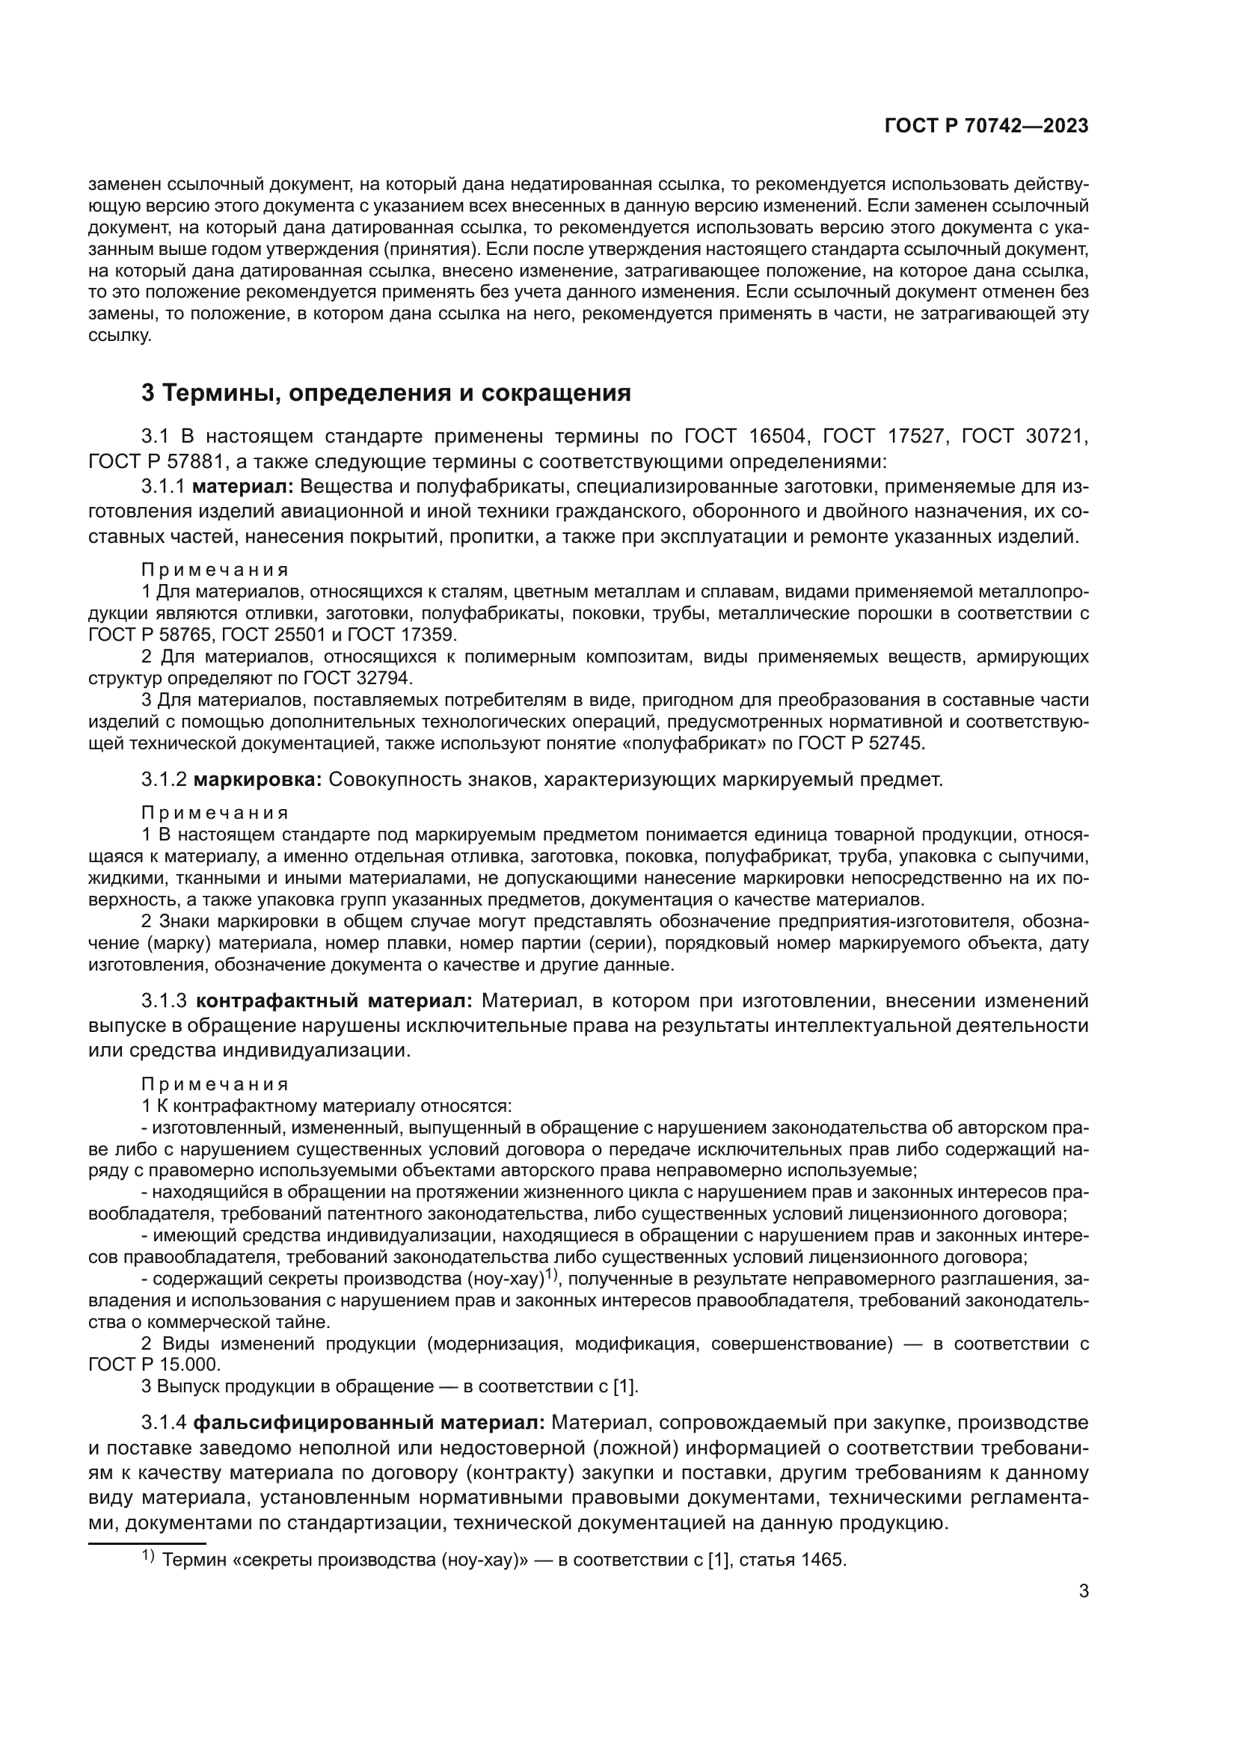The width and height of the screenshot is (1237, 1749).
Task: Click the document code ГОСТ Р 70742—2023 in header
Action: [x=986, y=126]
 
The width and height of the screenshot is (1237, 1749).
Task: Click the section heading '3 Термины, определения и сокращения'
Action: [x=386, y=393]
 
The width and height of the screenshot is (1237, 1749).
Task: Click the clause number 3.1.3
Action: [x=164, y=1000]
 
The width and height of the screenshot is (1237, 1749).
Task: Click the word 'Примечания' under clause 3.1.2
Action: [x=215, y=813]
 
